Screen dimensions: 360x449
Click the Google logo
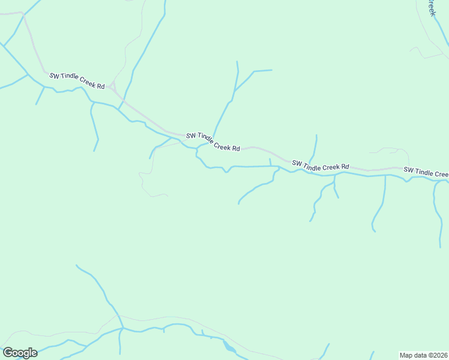coord(20,353)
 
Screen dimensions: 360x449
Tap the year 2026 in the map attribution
coord(438,355)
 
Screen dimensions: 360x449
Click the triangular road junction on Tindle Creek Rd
coord(112,86)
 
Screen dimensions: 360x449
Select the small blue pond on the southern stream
coord(229,346)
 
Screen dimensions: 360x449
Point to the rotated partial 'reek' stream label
coord(430,7)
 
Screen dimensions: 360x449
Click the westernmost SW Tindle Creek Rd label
coord(77,80)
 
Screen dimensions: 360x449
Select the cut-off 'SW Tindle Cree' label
coord(426,172)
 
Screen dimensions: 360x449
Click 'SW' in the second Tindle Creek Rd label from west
coord(191,136)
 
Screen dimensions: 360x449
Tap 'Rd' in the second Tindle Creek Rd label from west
coord(236,148)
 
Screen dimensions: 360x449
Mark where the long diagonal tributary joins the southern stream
coord(122,328)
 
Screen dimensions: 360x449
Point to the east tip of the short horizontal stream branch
coord(272,70)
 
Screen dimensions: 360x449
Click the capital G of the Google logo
coord(8,353)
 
